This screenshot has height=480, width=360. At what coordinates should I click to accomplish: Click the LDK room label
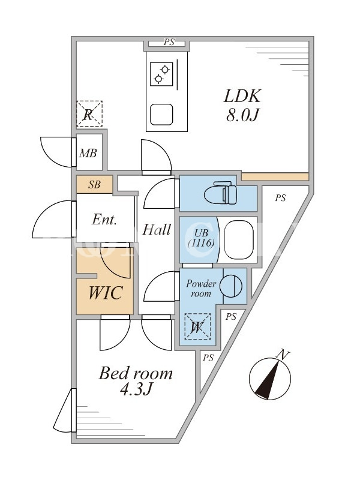click(x=242, y=96)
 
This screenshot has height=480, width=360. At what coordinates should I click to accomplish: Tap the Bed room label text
click(x=136, y=373)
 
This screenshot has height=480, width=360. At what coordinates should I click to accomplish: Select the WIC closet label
click(x=106, y=293)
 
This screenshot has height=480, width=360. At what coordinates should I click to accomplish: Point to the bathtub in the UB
click(x=239, y=239)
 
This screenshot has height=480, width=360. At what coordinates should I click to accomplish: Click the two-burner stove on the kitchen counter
click(x=161, y=74)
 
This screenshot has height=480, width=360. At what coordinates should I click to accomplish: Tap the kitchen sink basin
click(x=161, y=114)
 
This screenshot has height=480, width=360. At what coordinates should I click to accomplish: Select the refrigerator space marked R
click(x=89, y=114)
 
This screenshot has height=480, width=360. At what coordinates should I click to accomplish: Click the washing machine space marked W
click(x=197, y=326)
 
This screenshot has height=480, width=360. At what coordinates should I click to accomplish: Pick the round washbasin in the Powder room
click(x=231, y=286)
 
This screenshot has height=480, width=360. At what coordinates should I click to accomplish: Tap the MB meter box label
click(x=88, y=153)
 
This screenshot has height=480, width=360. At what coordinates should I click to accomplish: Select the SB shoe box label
click(x=95, y=185)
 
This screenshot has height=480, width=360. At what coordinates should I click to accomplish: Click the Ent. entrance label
click(x=104, y=220)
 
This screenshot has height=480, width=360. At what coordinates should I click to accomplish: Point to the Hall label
click(x=156, y=229)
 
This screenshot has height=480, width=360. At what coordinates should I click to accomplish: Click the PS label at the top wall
click(x=169, y=42)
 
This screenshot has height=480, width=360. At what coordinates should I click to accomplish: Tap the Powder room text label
click(x=201, y=289)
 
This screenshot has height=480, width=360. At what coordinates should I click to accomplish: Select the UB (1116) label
click(x=201, y=238)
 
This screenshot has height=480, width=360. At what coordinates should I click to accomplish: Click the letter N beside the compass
click(x=283, y=355)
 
